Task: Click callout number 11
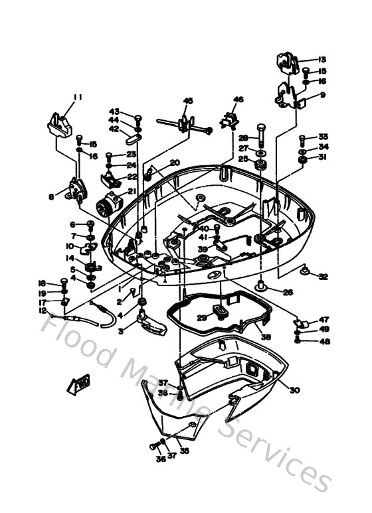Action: point(78,98)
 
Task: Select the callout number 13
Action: point(322,60)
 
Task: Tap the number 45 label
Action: point(188,101)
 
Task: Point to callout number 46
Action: point(238,100)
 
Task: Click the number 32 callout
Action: point(323,277)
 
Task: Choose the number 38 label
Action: point(266,336)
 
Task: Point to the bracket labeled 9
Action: point(290,96)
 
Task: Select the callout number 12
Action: point(43,310)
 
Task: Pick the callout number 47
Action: point(324,319)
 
